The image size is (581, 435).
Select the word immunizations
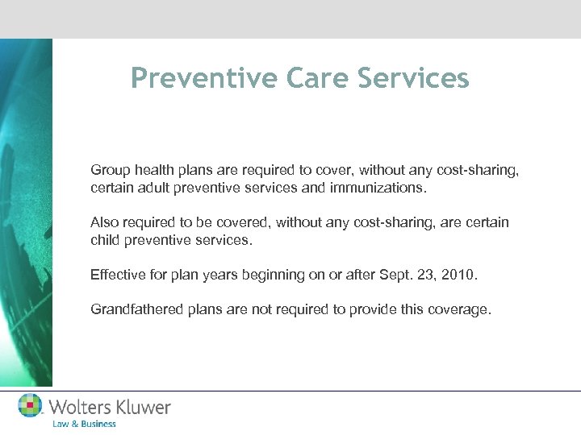[x=379, y=188]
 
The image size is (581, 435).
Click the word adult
[x=153, y=188]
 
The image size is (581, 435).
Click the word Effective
[x=118, y=275]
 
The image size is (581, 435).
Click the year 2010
[x=459, y=275]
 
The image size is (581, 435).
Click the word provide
[x=368, y=309]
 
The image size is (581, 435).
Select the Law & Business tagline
[x=84, y=424]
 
